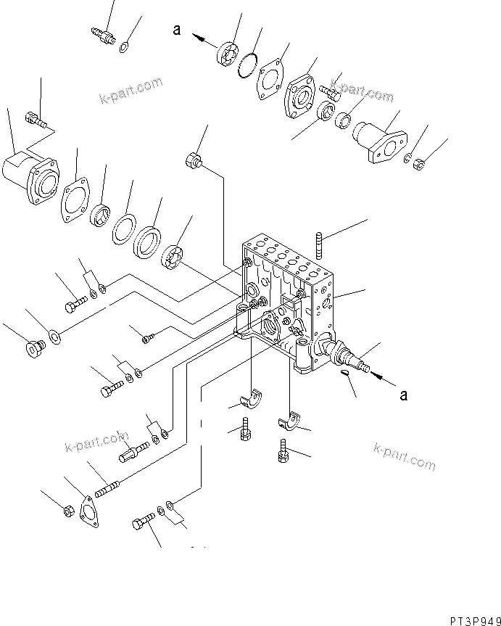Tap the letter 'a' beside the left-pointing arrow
175,30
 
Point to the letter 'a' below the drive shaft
404,395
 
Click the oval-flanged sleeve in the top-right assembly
380,141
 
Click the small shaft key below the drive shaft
346,373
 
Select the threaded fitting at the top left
102,33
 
